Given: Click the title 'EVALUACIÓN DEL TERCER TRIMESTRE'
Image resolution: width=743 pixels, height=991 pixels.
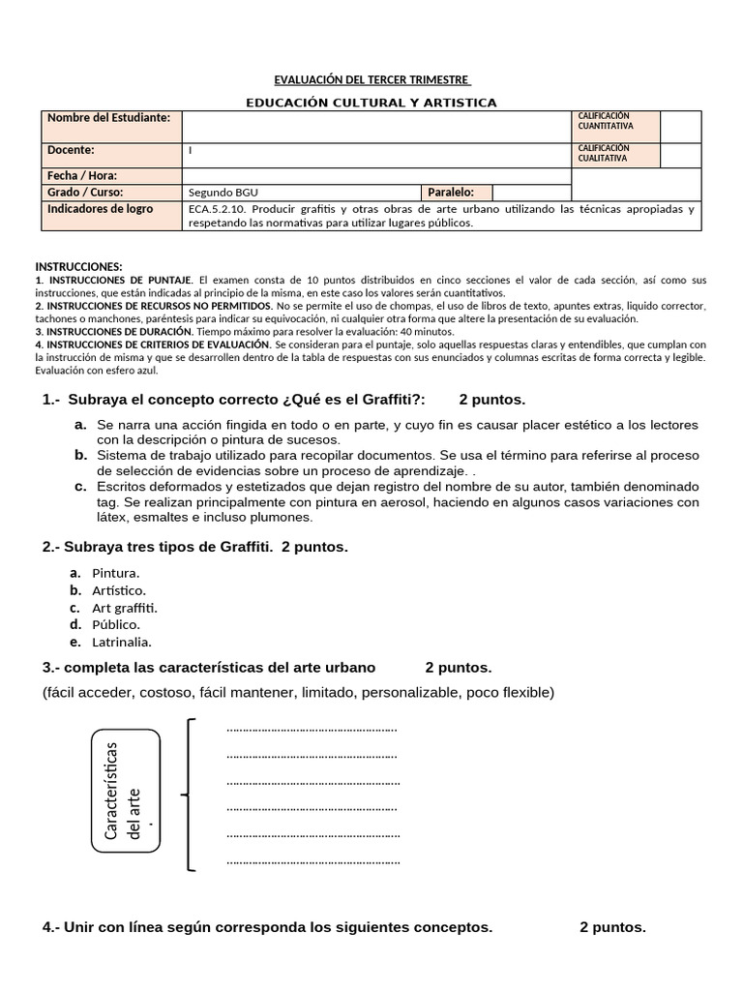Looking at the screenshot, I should coord(371,78).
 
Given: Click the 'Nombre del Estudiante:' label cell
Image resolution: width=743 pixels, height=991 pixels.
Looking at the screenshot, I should coord(109,117).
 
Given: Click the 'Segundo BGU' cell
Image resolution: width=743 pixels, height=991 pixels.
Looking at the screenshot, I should coord(223,193).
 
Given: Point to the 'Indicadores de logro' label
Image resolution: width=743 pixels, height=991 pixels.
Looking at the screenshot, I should coord(101,209).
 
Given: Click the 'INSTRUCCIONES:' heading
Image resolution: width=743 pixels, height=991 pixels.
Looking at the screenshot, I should coord(79,266).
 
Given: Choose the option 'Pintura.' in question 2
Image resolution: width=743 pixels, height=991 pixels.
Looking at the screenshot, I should coord(116,573).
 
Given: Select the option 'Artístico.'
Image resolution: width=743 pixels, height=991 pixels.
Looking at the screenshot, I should coord(119,590).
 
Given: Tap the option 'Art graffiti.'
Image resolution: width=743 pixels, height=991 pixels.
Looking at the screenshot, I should coord(125,608).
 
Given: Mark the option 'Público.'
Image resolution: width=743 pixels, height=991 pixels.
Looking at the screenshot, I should coord(116,624).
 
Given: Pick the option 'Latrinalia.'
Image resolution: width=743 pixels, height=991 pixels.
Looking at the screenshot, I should coord(122,642).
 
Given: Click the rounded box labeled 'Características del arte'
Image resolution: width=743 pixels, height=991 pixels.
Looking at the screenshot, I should coord(126,791).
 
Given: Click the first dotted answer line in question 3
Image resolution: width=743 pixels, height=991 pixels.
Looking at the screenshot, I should coord(312,729).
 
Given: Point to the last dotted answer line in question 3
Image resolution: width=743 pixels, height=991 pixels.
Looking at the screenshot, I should coord(312,859).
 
